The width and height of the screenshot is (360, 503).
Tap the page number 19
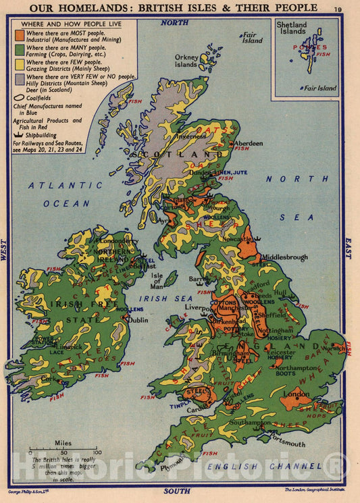click(338, 8)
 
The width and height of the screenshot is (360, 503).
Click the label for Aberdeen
click(249, 143)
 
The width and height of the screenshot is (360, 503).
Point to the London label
click(297, 394)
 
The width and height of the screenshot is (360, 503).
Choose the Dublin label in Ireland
click(138, 320)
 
